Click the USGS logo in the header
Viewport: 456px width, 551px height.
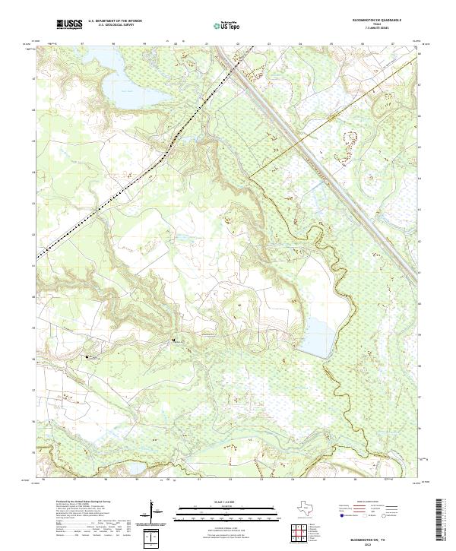[x=69, y=24]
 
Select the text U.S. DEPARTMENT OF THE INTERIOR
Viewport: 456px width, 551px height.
[x=115, y=21]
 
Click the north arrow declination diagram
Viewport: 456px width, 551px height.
[x=154, y=511]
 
